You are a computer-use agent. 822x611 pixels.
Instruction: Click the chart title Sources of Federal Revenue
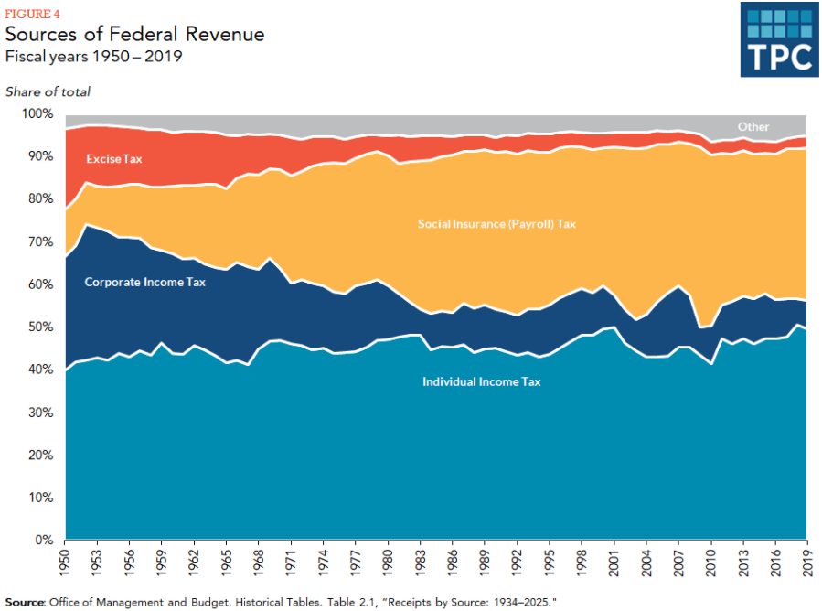coord(135,35)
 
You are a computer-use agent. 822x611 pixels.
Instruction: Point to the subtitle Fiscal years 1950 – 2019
coord(94,57)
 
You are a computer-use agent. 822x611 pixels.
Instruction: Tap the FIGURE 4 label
coord(29,13)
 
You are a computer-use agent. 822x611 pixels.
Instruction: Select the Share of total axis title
coord(48,91)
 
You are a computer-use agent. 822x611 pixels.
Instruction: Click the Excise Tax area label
coord(114,159)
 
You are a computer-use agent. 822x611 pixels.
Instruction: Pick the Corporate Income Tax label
coord(145,283)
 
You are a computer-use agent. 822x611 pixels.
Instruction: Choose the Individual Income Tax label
coord(481,381)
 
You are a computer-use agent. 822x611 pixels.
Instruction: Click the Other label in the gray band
coord(753,127)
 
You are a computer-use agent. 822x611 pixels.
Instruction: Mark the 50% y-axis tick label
coord(41,327)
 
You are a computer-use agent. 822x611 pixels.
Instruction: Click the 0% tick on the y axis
coord(45,541)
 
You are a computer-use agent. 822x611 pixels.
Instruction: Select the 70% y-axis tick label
coord(41,242)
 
